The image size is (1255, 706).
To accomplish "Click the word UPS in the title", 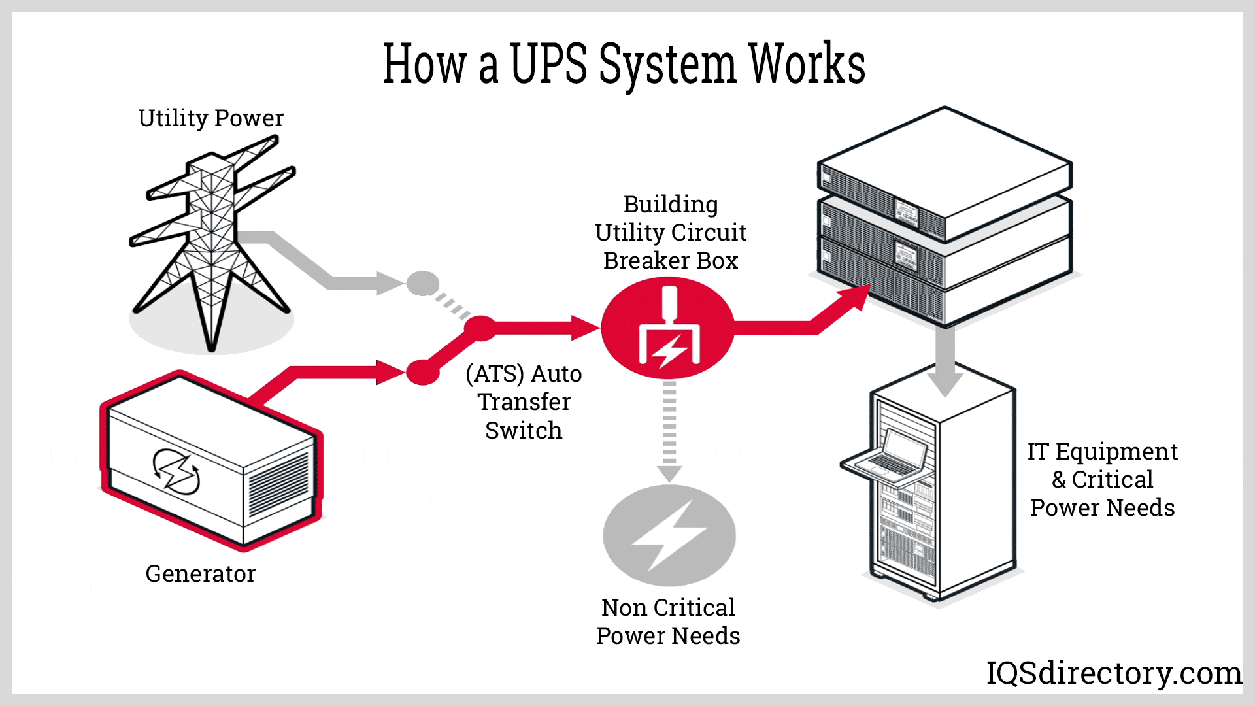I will [548, 63].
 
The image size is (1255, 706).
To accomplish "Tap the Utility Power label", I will [210, 118].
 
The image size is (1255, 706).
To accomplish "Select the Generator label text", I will [200, 574].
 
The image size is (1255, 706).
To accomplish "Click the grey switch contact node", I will [423, 283].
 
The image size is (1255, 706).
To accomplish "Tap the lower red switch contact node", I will [423, 373].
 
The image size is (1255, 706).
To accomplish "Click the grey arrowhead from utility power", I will [390, 283].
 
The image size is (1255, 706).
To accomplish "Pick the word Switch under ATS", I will [524, 431].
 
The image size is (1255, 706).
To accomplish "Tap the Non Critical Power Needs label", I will [668, 622].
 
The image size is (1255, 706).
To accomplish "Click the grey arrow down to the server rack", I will [945, 366].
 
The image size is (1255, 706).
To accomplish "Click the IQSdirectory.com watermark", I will [1114, 673].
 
